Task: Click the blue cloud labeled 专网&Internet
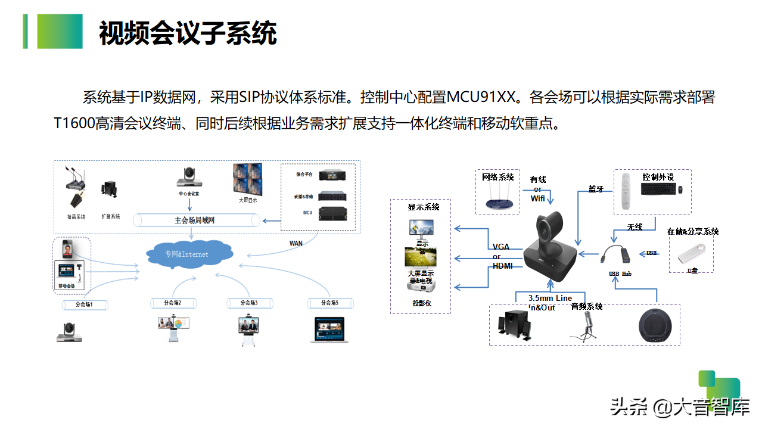click(x=189, y=254)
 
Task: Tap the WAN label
click(x=296, y=243)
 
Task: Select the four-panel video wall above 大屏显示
click(x=247, y=178)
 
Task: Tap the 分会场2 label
click(x=173, y=303)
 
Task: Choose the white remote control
click(x=625, y=191)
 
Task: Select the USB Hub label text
click(x=620, y=273)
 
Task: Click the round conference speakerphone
click(x=658, y=327)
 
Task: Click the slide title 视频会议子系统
click(x=188, y=33)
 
